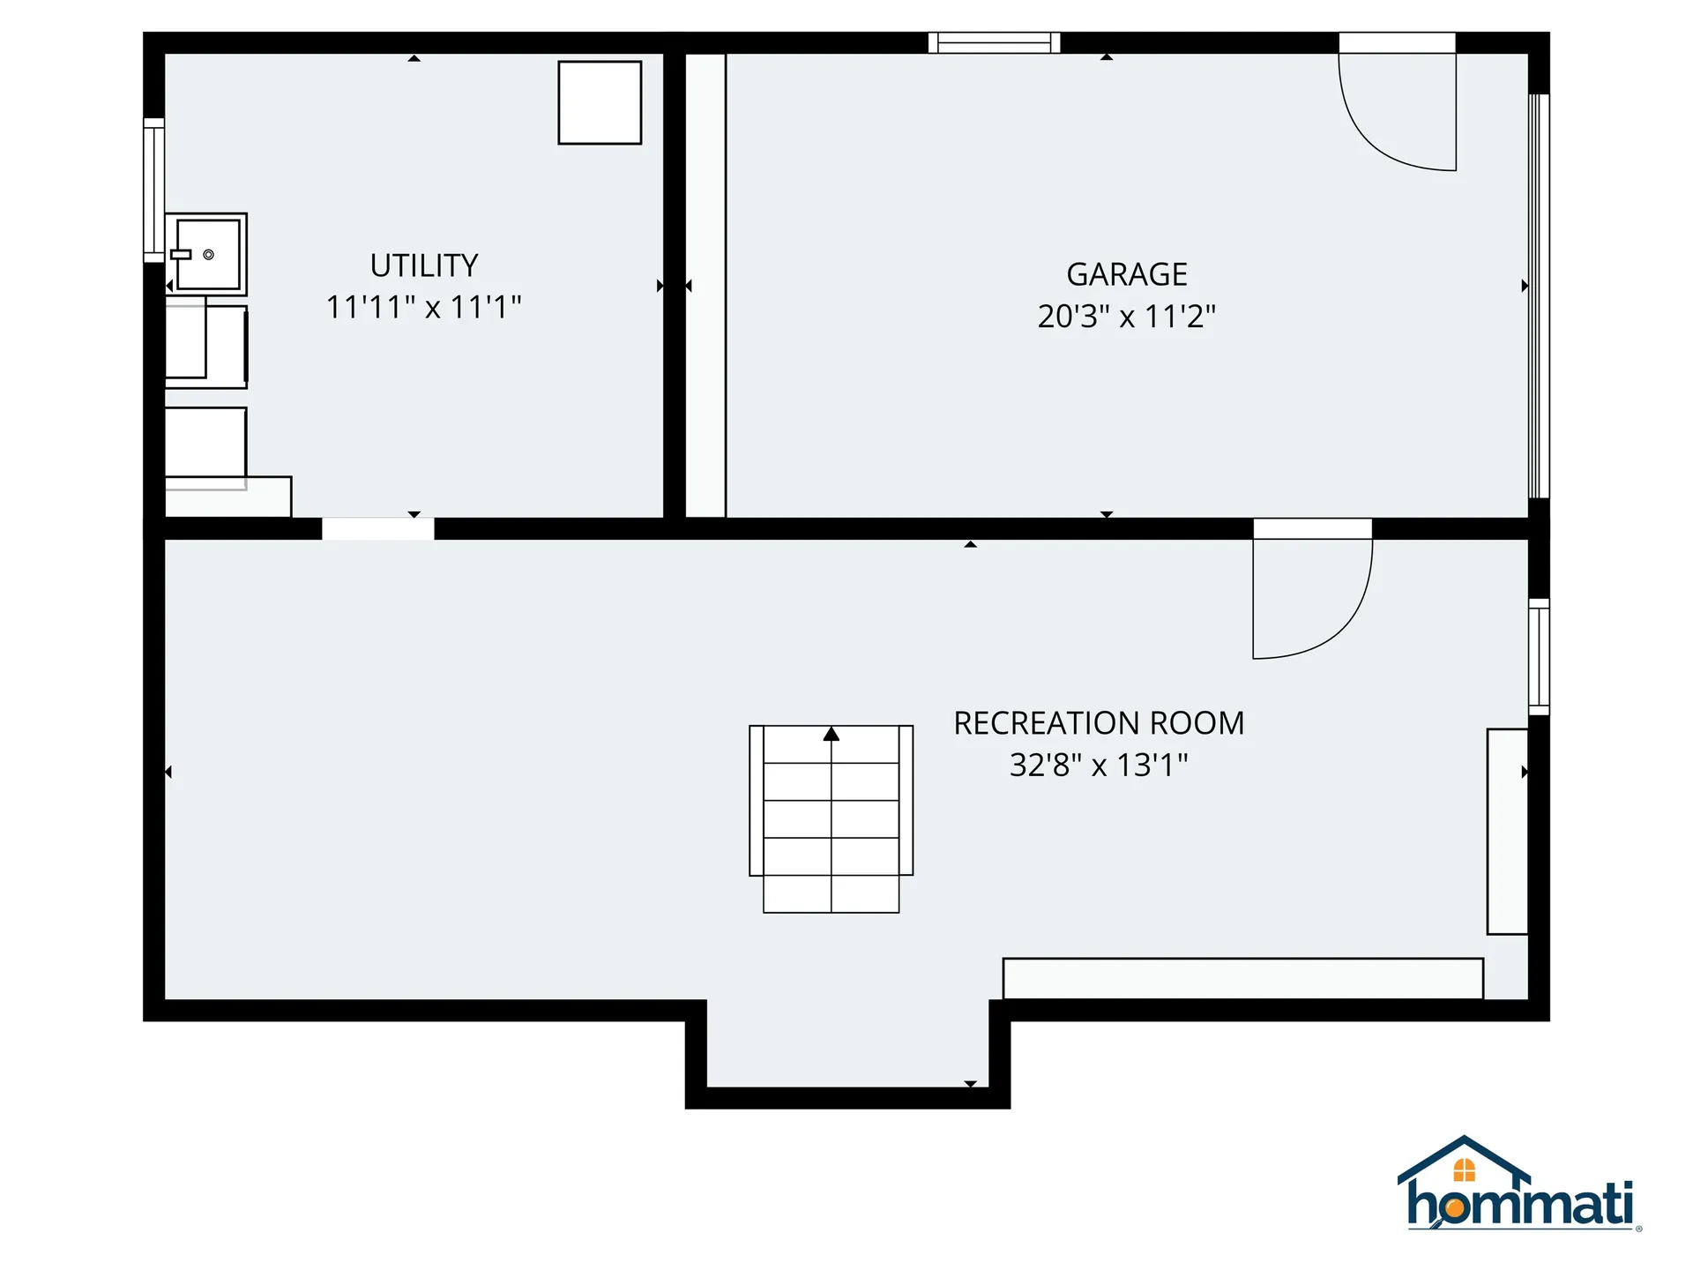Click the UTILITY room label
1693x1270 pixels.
[424, 265]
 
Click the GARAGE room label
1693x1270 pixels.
[1126, 274]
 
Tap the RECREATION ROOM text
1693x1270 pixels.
[1099, 723]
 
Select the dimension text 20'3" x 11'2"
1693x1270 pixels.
[1126, 316]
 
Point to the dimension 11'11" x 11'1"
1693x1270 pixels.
[424, 307]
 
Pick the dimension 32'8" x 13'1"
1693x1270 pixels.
[1099, 765]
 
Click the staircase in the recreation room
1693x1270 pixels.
[831, 818]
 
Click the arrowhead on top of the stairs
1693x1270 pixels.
[831, 734]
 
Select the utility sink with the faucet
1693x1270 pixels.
[206, 254]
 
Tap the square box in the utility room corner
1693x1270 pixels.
[600, 102]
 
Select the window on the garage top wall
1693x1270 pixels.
[994, 42]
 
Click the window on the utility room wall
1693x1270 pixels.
[154, 190]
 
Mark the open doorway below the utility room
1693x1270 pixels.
[377, 529]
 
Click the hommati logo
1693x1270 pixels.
[1518, 1186]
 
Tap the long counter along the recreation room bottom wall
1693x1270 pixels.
[1242, 978]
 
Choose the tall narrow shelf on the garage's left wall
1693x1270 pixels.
[705, 285]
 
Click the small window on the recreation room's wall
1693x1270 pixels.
[1538, 657]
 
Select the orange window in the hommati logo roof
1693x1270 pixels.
[1464, 1170]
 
